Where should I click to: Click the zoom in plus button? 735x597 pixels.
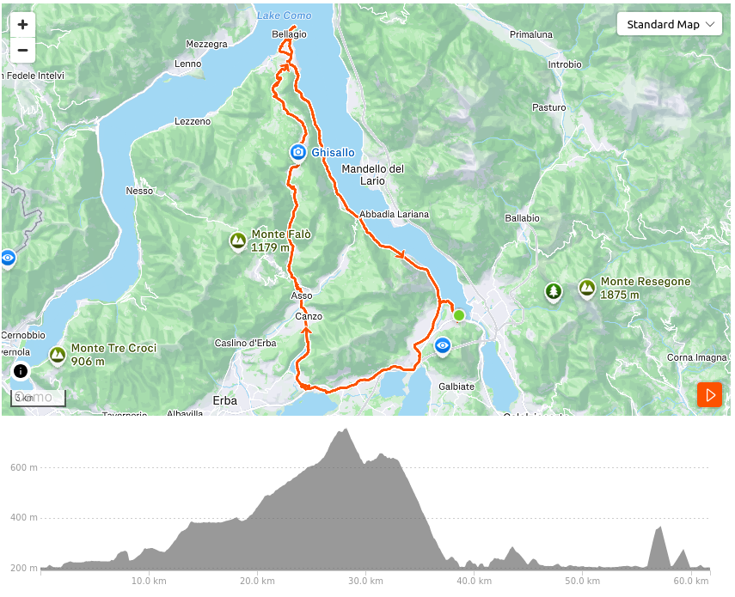click(22, 24)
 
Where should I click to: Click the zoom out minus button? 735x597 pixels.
click(22, 50)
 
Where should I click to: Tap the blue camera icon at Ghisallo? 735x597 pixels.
click(298, 152)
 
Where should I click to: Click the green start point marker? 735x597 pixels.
click(459, 315)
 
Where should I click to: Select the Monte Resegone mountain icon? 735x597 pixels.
click(587, 288)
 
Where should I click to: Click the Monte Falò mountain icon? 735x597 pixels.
click(238, 241)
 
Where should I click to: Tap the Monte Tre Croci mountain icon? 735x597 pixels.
click(58, 355)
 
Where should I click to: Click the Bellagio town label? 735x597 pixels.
click(289, 34)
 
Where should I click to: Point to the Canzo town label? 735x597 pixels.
click(309, 316)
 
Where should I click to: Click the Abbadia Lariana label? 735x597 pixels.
click(394, 214)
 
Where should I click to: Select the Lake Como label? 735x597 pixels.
click(284, 15)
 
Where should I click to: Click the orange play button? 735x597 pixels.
click(709, 395)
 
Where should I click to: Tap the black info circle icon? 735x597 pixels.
click(21, 371)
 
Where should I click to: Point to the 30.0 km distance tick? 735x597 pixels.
click(365, 579)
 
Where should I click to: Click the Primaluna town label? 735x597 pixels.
click(530, 34)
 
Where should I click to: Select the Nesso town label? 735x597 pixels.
click(138, 191)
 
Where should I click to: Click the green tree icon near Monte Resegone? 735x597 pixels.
click(553, 292)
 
